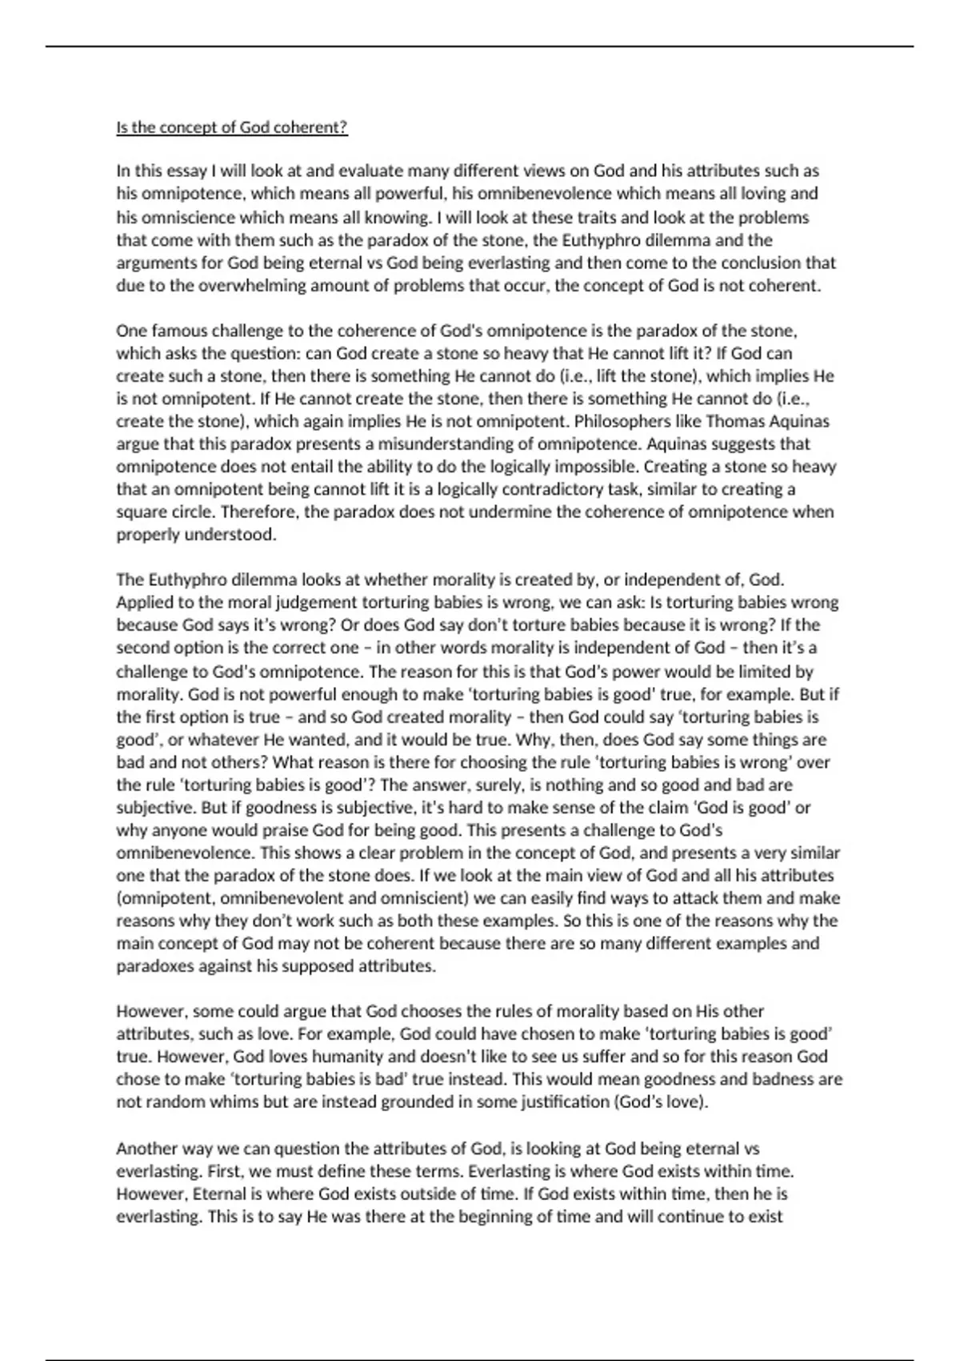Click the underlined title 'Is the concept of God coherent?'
pos(232,128)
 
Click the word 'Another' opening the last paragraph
pos(146,1148)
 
